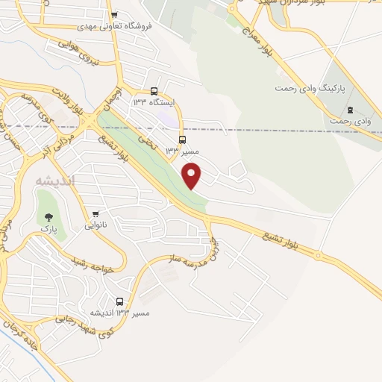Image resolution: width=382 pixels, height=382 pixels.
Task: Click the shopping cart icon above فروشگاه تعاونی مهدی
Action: [113, 15]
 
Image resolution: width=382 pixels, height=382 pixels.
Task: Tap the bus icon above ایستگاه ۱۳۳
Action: [154, 90]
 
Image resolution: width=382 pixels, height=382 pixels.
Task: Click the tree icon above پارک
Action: [49, 215]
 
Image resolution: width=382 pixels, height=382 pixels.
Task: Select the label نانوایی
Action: [94, 224]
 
